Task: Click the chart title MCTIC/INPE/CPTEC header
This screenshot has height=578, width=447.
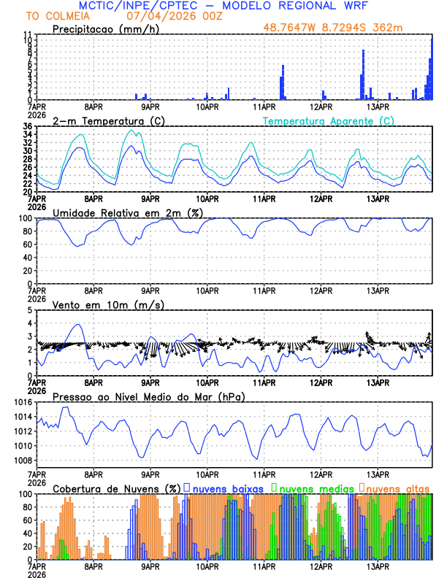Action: pyautogui.click(x=227, y=6)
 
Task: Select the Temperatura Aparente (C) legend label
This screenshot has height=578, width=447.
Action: pyautogui.click(x=329, y=120)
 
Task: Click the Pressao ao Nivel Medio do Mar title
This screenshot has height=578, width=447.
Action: pyautogui.click(x=149, y=396)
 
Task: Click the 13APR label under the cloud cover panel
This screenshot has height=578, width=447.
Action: pyautogui.click(x=377, y=566)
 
